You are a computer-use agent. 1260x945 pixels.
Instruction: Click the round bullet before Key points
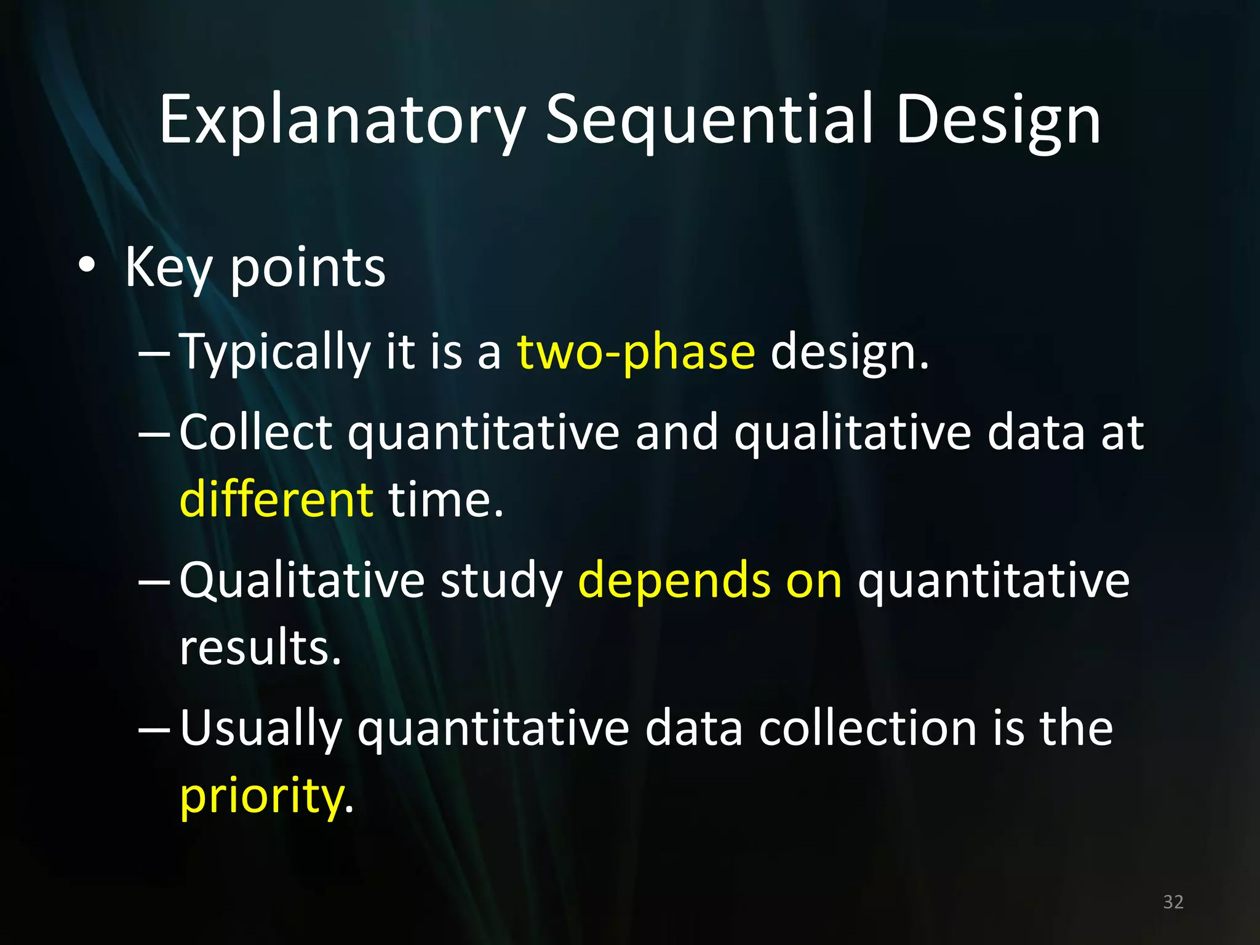(x=87, y=266)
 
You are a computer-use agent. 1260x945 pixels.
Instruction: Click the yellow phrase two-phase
(x=636, y=353)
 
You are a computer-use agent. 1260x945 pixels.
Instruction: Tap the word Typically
(x=274, y=353)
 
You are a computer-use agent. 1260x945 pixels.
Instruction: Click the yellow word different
(x=276, y=498)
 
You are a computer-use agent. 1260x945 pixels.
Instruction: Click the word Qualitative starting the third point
(x=302, y=580)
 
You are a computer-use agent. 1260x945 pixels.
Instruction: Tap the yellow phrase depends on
(x=709, y=580)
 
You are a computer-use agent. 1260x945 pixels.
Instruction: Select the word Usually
(x=261, y=728)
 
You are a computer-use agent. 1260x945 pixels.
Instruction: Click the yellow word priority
(x=261, y=796)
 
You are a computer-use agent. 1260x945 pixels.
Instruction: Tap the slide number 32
(x=1173, y=902)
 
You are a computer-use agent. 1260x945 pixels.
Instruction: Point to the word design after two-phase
(x=849, y=353)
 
